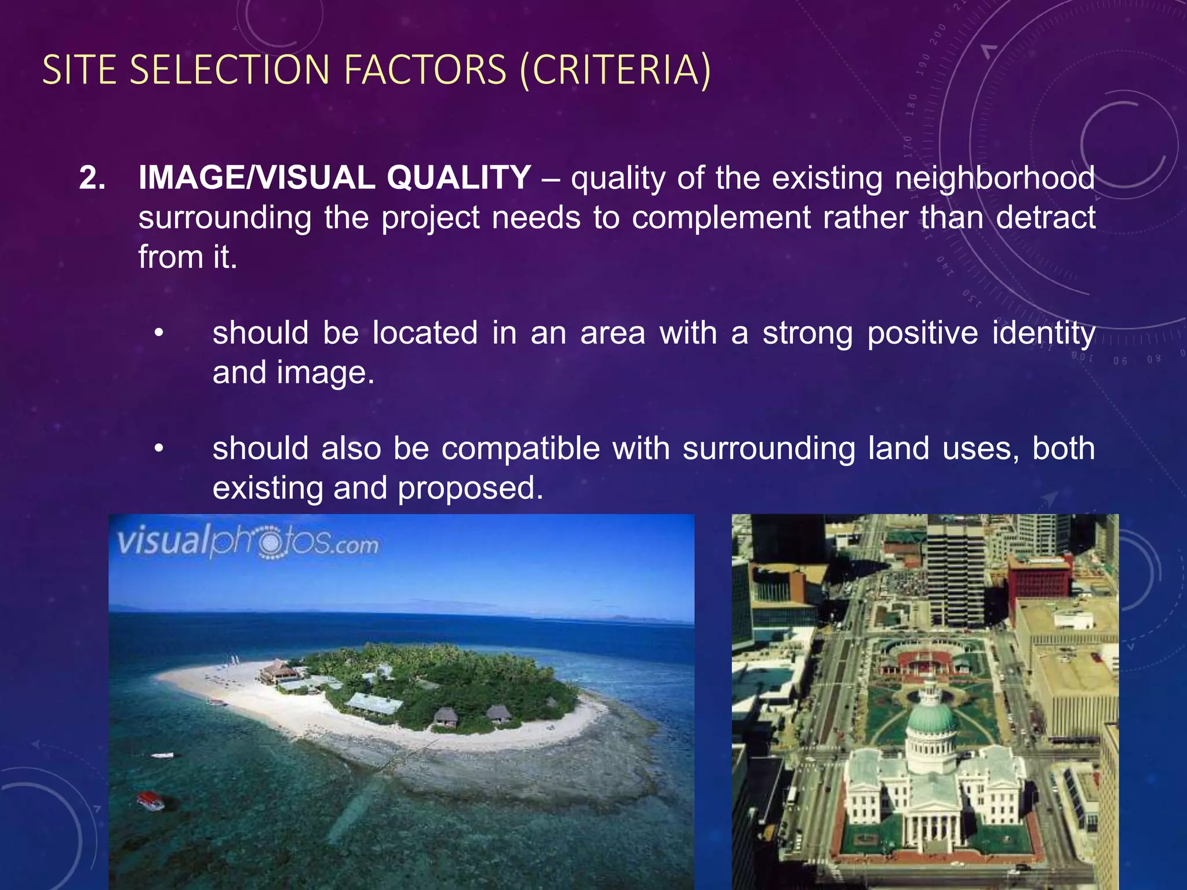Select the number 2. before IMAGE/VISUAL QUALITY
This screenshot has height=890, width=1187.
(92, 178)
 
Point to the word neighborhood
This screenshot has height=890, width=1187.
(995, 178)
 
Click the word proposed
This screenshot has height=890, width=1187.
(470, 488)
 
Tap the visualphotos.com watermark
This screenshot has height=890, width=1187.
(248, 543)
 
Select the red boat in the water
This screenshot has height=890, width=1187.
(151, 801)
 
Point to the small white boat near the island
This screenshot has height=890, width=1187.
(162, 755)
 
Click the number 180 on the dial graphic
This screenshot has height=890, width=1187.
(912, 105)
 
